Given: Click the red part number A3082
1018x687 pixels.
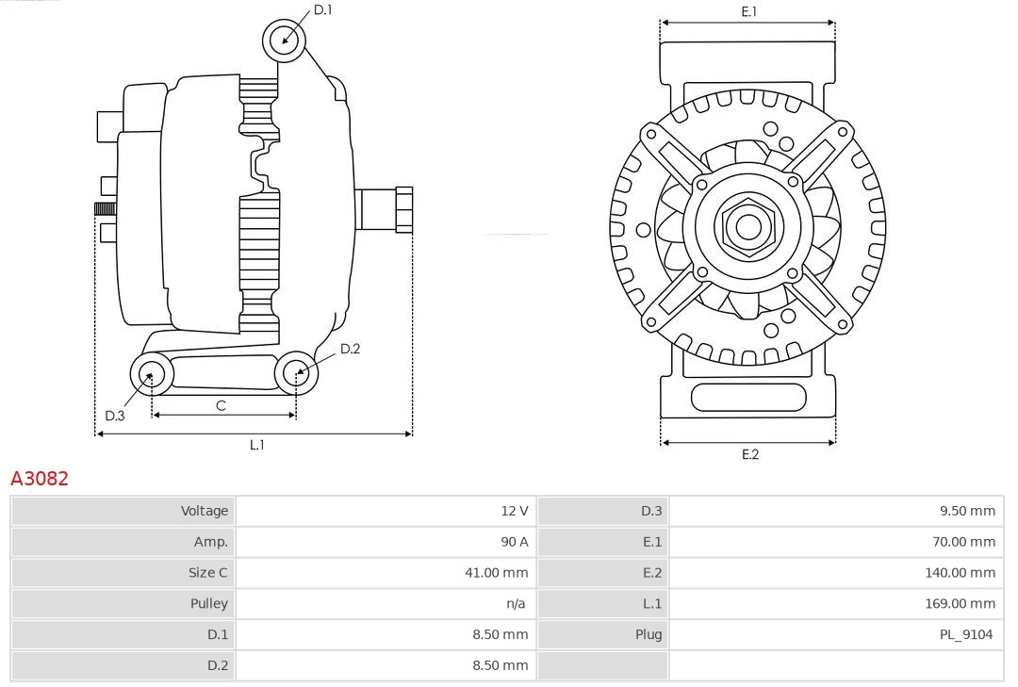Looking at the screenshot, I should coord(40,479).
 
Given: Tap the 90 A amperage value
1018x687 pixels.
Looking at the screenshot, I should coord(514,542).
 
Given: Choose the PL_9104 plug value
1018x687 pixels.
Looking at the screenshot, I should coord(965,634).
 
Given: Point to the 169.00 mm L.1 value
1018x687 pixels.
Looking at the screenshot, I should coord(960,603).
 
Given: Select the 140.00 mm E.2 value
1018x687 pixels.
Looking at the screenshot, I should coord(960,572).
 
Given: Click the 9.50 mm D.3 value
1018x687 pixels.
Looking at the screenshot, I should coord(966,511).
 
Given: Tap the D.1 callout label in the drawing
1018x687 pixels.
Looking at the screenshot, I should coord(322,9).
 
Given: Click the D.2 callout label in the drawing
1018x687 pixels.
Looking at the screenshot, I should coord(350,349).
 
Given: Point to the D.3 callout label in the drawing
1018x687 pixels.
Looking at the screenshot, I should coord(114,416).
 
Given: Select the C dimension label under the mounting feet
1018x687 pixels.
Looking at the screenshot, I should coord(221,405).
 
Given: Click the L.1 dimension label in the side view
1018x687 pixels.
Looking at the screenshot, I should coord(256,445).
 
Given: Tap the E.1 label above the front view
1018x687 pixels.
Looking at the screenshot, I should coord(749,11).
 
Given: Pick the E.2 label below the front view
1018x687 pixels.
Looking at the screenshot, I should coord(749,454).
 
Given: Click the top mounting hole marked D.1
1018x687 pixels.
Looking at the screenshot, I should coord(286,41).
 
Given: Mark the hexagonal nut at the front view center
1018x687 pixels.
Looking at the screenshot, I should coord(748,226).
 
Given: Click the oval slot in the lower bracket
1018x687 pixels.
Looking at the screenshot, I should coord(748,398).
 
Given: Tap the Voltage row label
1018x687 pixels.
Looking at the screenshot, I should coord(205,511).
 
